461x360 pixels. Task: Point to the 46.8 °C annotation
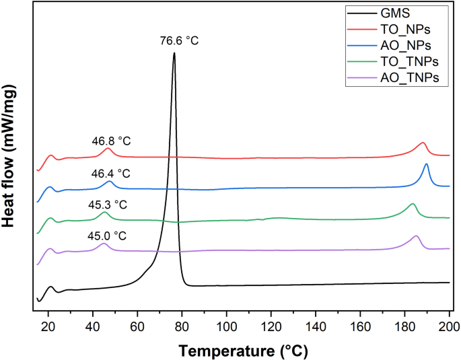click(x=111, y=141)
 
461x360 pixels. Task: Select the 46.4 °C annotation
click(x=113, y=173)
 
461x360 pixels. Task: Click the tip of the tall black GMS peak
click(x=174, y=53)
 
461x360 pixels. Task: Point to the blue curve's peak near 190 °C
click(x=426, y=164)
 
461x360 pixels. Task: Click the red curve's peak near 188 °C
click(x=423, y=143)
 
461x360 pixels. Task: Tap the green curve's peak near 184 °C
click(x=413, y=203)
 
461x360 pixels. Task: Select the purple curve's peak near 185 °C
click(x=416, y=236)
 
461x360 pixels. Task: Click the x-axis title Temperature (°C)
click(x=243, y=350)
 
